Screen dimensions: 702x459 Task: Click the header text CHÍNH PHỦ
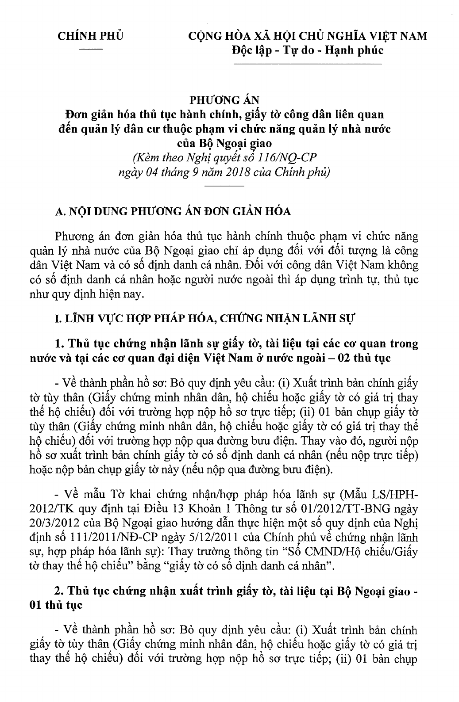click(90, 36)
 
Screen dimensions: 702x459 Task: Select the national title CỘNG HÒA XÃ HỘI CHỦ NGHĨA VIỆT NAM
click(307, 36)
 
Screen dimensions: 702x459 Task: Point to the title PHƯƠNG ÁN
click(225, 99)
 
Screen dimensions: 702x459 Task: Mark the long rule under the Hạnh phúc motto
click(307, 65)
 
